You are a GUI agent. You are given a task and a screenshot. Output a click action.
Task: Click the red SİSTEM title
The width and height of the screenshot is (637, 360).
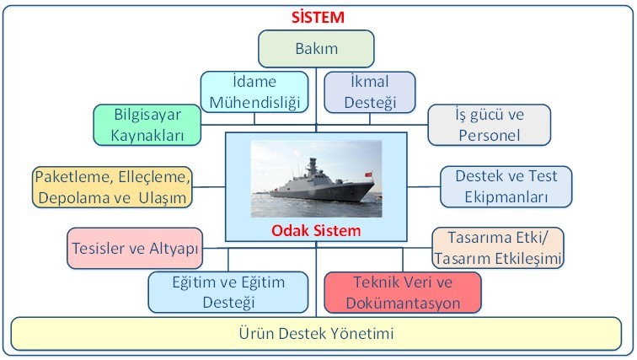(318, 17)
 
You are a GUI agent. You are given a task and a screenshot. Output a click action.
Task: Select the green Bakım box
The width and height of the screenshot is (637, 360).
(316, 48)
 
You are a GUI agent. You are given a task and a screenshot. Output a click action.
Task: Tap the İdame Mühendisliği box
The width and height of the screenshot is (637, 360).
(254, 92)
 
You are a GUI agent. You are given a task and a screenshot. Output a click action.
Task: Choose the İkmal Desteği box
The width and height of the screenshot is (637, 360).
(370, 92)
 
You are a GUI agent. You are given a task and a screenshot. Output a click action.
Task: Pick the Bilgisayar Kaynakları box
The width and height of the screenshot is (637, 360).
(147, 125)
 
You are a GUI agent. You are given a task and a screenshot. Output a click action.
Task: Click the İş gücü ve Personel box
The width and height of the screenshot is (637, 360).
(489, 125)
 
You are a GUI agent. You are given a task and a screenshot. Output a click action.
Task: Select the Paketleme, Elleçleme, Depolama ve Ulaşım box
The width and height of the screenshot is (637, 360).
(112, 187)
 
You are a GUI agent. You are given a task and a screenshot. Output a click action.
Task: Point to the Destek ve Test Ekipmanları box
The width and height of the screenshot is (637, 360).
(506, 186)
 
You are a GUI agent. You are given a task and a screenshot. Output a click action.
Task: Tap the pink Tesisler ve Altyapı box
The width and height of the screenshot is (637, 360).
(135, 248)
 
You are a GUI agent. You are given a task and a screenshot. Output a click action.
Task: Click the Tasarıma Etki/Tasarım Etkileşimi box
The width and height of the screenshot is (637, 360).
(498, 248)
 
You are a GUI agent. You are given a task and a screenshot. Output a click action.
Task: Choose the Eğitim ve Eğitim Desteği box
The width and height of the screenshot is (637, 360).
(228, 293)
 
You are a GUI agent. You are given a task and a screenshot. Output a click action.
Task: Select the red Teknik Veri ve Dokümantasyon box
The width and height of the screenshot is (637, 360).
(403, 293)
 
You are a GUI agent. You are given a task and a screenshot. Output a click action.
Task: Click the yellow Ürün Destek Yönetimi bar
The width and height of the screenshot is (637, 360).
(316, 334)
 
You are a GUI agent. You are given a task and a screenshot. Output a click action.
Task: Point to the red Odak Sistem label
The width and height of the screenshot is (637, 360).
(316, 231)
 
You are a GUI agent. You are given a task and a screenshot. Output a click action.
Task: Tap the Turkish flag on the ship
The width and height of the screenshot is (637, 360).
(368, 175)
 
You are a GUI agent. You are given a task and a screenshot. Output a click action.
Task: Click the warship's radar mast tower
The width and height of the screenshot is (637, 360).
(312, 169)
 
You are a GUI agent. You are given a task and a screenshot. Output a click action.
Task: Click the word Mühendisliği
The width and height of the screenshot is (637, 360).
(254, 102)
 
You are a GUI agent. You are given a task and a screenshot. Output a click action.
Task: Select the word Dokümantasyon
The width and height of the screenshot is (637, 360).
(403, 304)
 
